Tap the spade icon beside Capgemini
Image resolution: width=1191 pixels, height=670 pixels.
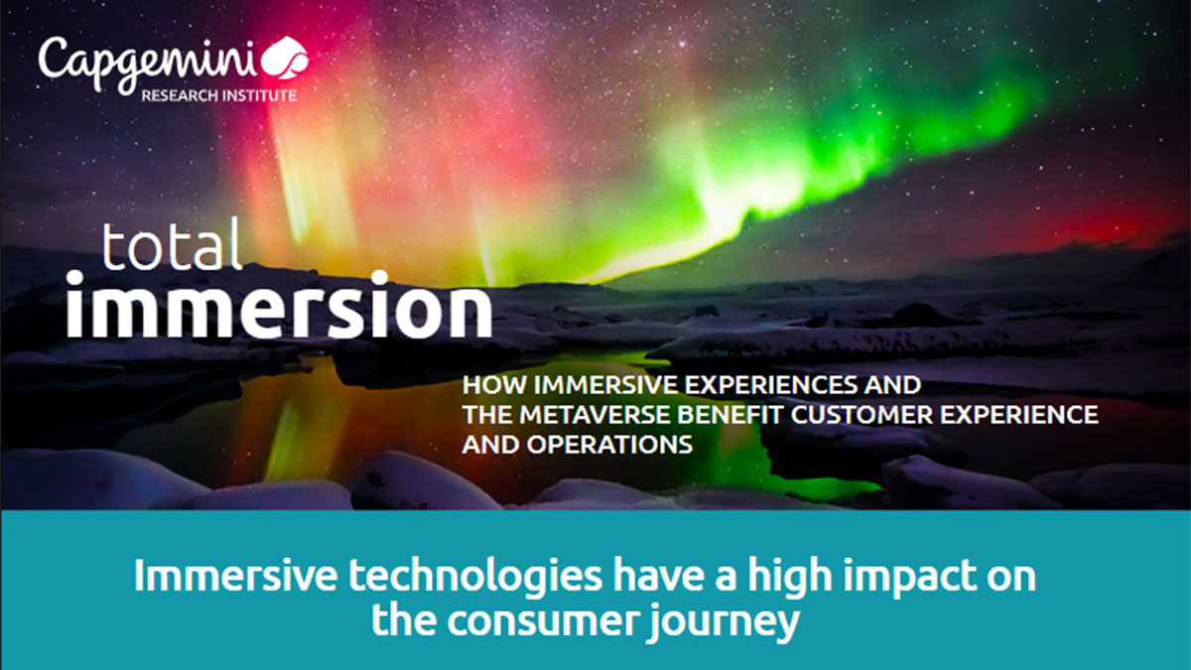tap(285, 59)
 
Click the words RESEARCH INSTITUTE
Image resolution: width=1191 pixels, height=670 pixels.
tap(218, 95)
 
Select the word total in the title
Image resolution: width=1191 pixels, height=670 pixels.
tap(172, 246)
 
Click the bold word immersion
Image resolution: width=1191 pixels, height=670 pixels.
tap(279, 306)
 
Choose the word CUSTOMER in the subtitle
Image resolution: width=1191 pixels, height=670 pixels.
tap(861, 415)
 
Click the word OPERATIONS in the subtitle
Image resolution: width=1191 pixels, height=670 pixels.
tap(609, 445)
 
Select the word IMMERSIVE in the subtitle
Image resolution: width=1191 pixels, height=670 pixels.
tap(605, 385)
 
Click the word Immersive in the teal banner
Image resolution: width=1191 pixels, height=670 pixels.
tap(235, 575)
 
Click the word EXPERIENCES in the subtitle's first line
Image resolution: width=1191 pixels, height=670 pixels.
tap(770, 385)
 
